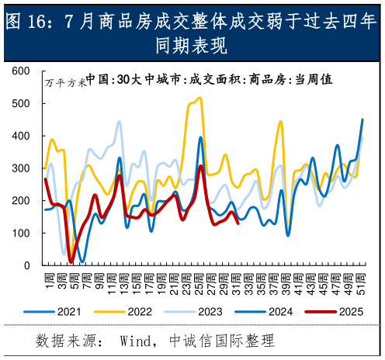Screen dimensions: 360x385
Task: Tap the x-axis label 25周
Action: [199, 279]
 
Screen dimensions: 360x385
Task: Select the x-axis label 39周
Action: [287, 279]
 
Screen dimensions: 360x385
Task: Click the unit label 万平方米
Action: [64, 82]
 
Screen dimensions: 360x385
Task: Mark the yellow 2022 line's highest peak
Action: [199, 98]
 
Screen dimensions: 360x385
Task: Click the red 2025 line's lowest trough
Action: [71, 261]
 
